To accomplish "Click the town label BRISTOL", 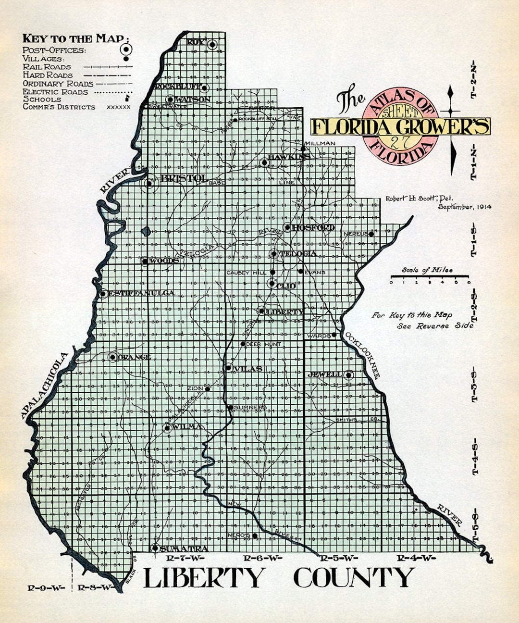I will click(184, 178).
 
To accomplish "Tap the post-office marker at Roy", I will click(212, 44).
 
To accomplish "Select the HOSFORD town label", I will click(313, 227).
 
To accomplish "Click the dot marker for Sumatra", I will click(155, 548).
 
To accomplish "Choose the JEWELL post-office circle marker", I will click(348, 374).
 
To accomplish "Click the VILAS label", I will click(248, 369).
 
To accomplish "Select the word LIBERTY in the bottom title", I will click(204, 578).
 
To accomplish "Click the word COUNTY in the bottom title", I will click(354, 578).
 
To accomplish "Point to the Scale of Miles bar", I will click(429, 276).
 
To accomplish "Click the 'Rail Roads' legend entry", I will click(47, 67).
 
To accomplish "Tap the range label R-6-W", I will click(262, 558).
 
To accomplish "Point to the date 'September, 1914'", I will click(464, 207).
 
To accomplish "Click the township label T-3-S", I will click(475, 385).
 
